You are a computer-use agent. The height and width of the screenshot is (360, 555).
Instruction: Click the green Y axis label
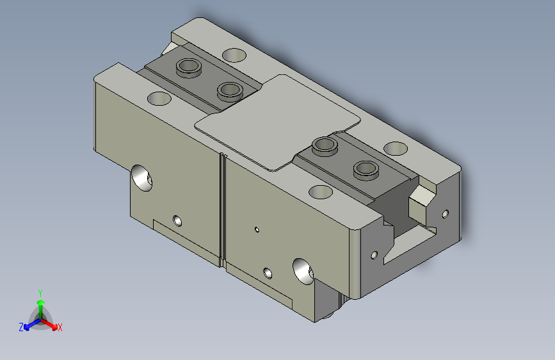[40, 293]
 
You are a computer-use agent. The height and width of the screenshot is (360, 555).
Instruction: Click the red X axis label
[60, 327]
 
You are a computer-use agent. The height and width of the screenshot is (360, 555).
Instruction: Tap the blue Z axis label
[21, 327]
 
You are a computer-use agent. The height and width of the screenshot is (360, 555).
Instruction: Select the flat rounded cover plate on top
[278, 122]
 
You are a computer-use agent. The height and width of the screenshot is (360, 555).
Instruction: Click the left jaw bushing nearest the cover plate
[230, 92]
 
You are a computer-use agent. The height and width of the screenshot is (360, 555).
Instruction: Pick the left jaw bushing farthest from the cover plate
[189, 67]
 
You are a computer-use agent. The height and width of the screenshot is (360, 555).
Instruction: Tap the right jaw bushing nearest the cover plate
[325, 146]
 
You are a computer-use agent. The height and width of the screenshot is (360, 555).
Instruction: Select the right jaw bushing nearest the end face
[366, 170]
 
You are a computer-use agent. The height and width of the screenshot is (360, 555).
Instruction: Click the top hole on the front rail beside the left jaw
[159, 99]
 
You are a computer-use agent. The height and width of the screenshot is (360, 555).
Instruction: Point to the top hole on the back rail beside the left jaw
[234, 55]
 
